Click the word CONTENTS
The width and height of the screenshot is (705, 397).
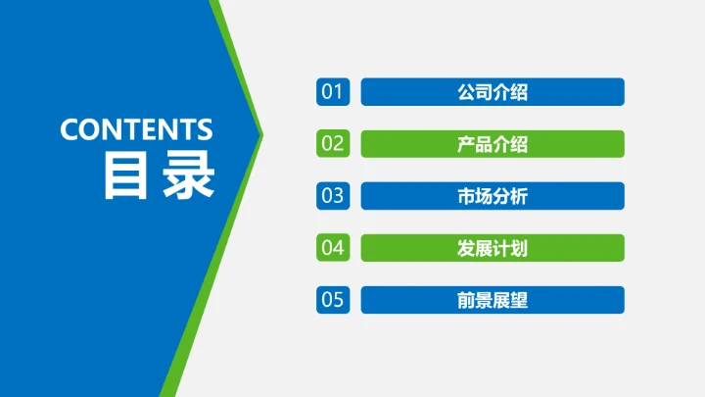[x=136, y=129]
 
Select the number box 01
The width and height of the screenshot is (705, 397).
[x=333, y=92]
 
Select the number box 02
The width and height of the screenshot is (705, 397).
[x=333, y=144]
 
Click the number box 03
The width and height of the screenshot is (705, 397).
[x=333, y=196]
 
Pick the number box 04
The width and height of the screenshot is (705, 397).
[x=333, y=248]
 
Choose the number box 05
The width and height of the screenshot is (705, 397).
[x=333, y=300]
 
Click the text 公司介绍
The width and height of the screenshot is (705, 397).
[x=493, y=92]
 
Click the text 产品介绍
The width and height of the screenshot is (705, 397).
[x=493, y=144]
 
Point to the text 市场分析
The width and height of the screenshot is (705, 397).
[x=493, y=196]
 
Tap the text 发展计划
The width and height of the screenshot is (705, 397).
[x=493, y=248]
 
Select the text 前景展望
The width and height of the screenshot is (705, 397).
[x=493, y=300]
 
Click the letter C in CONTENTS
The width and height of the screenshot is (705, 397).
[x=70, y=129]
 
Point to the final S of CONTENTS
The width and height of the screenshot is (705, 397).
[x=205, y=129]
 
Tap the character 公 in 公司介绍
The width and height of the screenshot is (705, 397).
[x=466, y=92]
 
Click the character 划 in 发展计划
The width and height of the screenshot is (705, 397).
[x=519, y=248]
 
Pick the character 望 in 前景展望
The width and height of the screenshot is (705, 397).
[x=519, y=300]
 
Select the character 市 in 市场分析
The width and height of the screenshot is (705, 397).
[x=466, y=196]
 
